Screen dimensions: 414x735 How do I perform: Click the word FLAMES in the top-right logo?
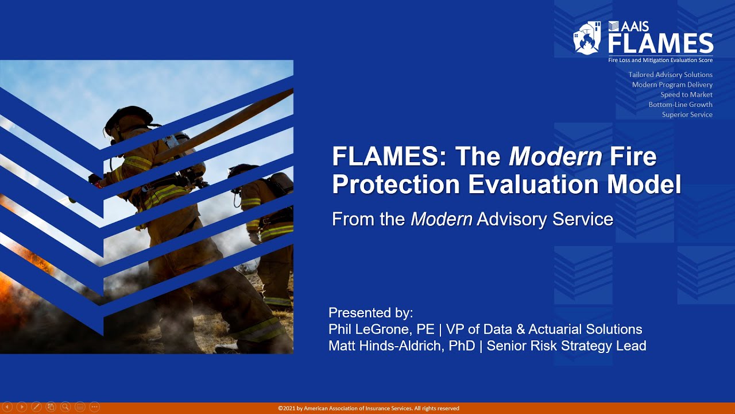pos(660,44)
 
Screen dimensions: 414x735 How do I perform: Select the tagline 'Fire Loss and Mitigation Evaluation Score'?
pos(660,60)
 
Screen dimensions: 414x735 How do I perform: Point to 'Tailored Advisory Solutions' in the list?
pos(670,75)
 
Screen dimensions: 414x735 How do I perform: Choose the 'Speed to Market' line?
pos(686,95)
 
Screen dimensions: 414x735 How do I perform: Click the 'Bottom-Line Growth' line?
pos(680,105)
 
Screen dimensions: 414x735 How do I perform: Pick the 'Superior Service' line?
pos(687,114)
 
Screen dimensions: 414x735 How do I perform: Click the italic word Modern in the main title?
pos(555,156)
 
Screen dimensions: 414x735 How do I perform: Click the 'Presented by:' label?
pos(370,313)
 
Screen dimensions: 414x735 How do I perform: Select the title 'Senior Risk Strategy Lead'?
pos(566,346)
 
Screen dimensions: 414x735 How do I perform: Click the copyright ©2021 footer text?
pos(368,408)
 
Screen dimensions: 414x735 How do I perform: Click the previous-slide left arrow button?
pos(7,407)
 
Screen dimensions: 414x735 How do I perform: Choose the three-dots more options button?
pos(95,407)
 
